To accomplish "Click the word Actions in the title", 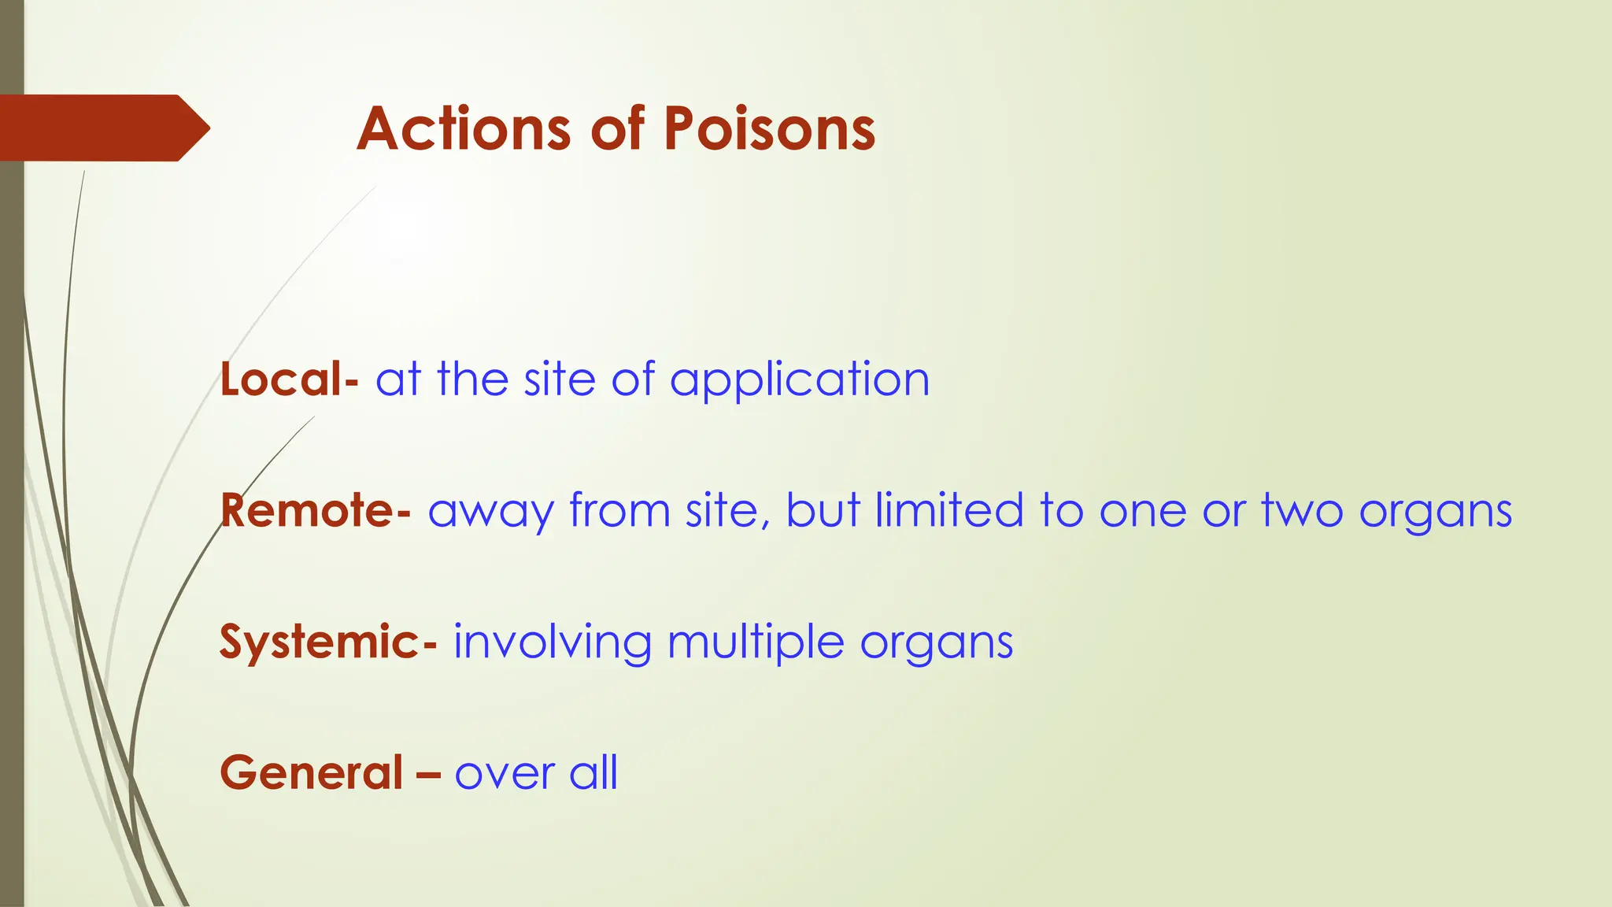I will click(464, 129).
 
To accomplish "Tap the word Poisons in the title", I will click(769, 129).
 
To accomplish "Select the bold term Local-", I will click(289, 379).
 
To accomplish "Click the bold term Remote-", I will click(315, 510).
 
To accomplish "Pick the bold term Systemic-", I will click(327, 642).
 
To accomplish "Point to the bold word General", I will click(312, 772).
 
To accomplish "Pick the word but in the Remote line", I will click(823, 510).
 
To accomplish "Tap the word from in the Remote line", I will click(619, 510).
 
